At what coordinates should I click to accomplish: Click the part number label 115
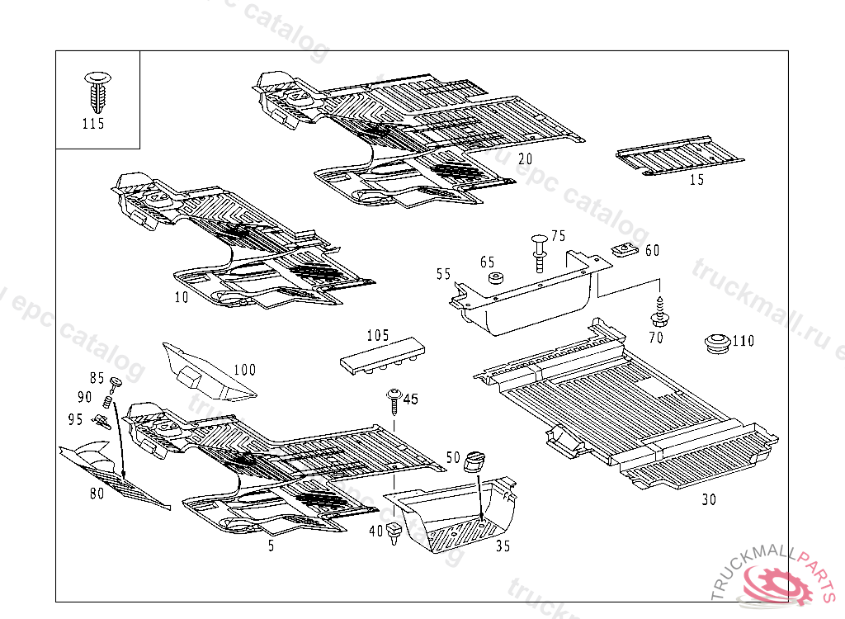(93, 124)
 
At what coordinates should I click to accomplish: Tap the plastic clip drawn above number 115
(97, 92)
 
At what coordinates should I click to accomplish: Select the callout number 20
(526, 158)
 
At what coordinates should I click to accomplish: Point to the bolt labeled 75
(538, 251)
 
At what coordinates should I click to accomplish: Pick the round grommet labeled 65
(496, 278)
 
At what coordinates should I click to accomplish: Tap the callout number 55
(444, 274)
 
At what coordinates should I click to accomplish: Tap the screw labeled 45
(394, 402)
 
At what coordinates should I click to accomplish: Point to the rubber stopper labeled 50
(476, 460)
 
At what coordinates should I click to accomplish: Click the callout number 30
(709, 499)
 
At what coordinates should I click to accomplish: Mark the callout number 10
(182, 297)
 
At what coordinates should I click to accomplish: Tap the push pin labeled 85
(115, 382)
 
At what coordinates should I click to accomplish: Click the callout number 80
(97, 494)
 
